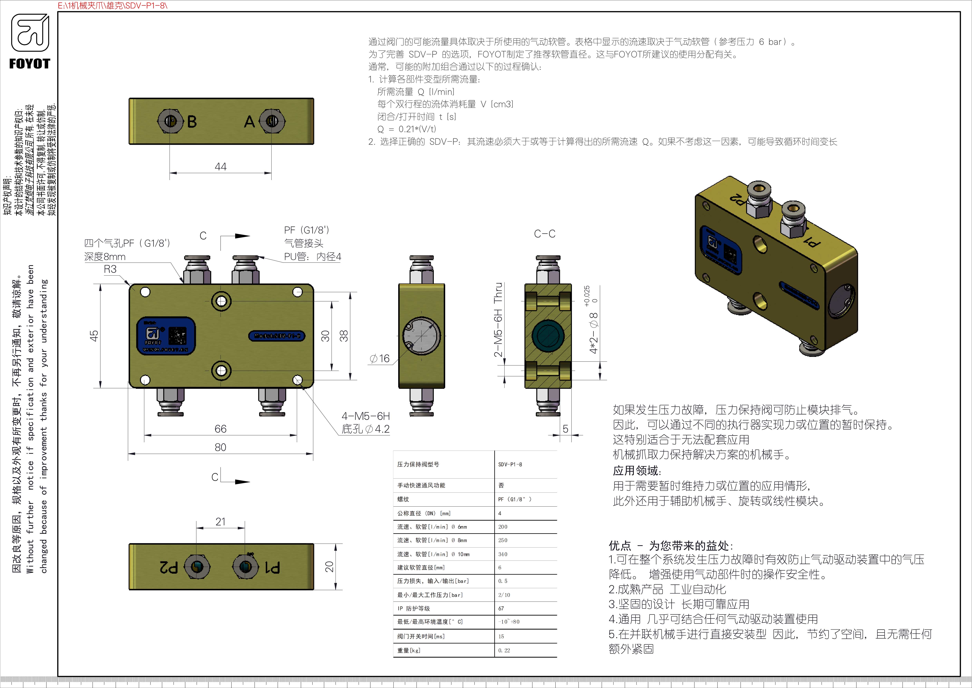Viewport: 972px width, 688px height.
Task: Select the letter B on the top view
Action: pyautogui.click(x=192, y=122)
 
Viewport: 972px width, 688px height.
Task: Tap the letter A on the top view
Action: pyautogui.click(x=249, y=122)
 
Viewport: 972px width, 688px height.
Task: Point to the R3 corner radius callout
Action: pyautogui.click(x=110, y=269)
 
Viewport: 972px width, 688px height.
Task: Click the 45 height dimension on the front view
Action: pyautogui.click(x=94, y=336)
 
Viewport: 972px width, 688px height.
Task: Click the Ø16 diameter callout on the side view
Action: pyautogui.click(x=380, y=359)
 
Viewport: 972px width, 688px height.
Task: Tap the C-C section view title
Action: pyautogui.click(x=544, y=234)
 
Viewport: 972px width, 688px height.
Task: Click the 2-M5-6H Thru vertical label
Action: pyautogui.click(x=499, y=320)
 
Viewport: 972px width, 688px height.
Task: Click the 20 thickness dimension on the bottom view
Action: pyautogui.click(x=329, y=567)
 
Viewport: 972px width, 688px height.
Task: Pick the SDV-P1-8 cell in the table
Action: pyautogui.click(x=510, y=464)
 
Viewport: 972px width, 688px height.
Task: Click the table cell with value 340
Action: pyautogui.click(x=503, y=554)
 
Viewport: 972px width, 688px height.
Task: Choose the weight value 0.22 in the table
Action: pyautogui.click(x=504, y=650)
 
